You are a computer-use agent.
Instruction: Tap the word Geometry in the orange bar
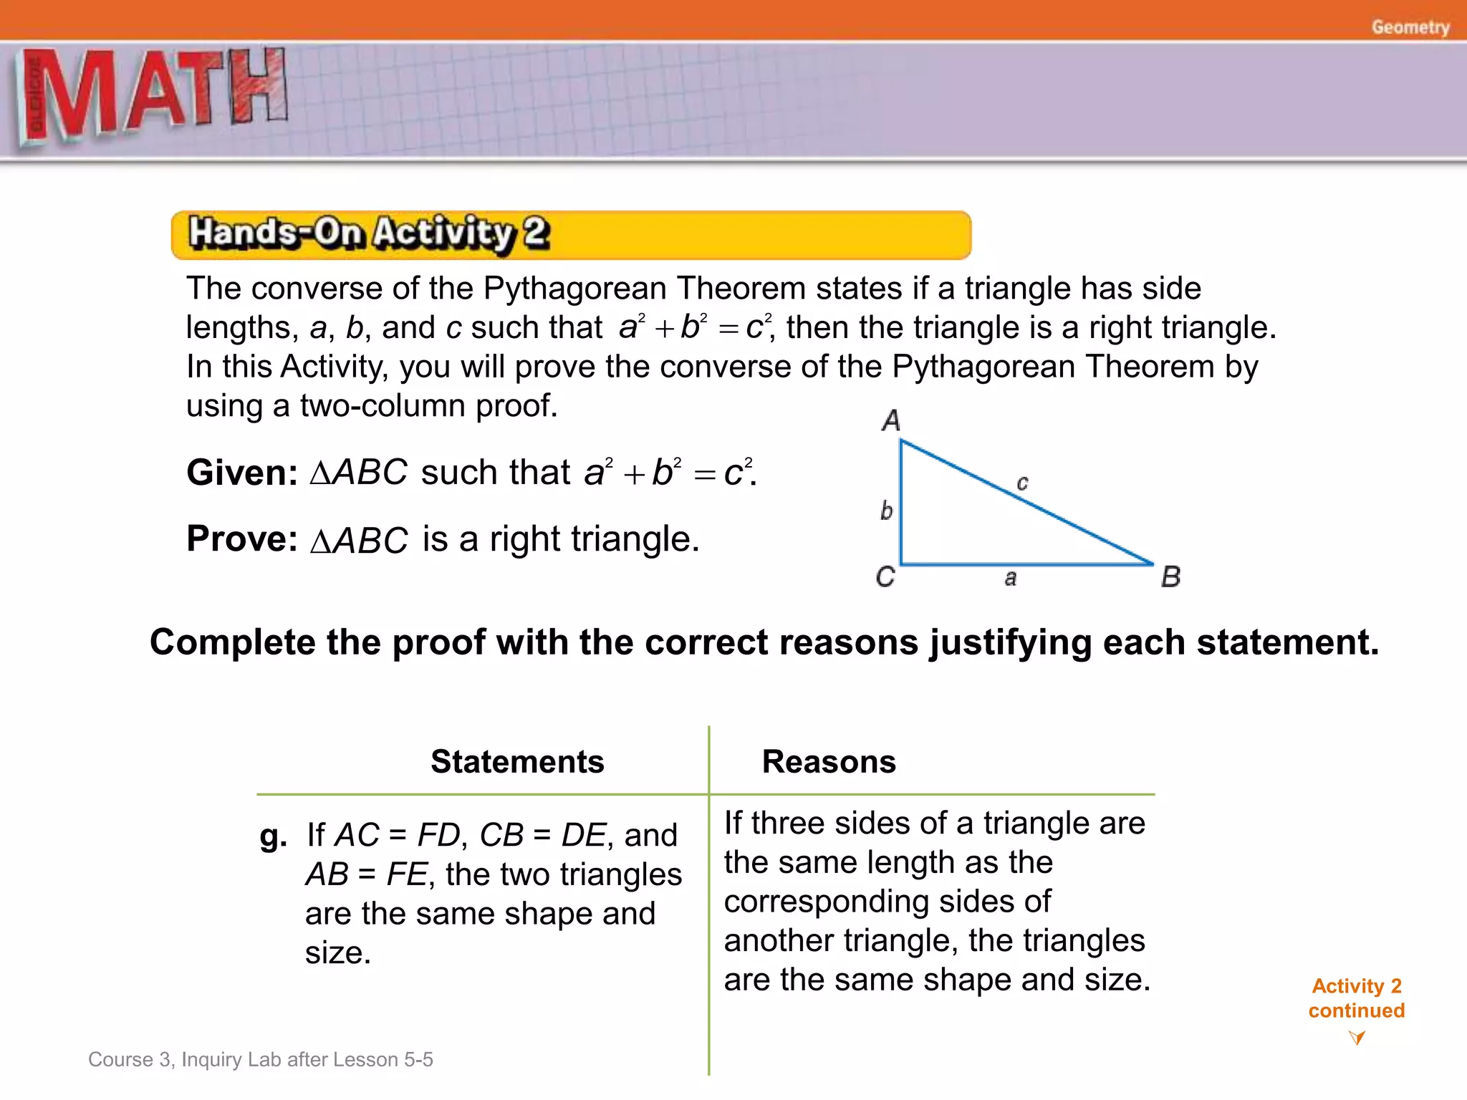(1410, 27)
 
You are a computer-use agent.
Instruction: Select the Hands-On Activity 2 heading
(369, 233)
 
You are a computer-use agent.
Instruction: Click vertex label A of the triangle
(890, 420)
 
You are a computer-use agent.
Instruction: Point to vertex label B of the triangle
(1170, 576)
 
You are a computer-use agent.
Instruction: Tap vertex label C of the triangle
(885, 576)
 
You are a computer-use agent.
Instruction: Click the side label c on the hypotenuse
(1022, 483)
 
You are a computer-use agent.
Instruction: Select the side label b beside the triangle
(886, 511)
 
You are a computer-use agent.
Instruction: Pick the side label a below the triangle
(1010, 578)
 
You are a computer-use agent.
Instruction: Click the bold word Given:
(242, 473)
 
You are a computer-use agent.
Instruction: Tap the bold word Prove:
(242, 539)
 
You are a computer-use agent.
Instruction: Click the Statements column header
(517, 761)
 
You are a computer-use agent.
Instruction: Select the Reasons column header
(829, 761)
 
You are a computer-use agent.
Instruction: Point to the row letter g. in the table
(273, 835)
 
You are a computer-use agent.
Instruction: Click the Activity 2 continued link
(1356, 998)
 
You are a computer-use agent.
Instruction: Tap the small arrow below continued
(1356, 1037)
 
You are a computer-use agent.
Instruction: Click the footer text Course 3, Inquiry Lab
(260, 1059)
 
